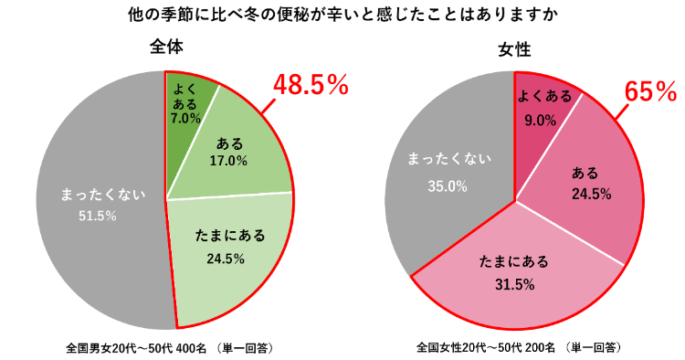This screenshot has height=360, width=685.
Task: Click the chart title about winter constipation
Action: pos(342,16)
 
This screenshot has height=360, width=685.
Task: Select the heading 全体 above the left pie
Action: pos(166,48)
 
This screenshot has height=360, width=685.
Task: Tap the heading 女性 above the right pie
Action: pos(516,48)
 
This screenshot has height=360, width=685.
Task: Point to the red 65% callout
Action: pos(649,91)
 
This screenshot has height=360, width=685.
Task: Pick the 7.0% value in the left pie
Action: pos(184,119)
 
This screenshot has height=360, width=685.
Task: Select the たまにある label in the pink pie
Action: pos(514,262)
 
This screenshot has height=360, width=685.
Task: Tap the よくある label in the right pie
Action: pos(544,96)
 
